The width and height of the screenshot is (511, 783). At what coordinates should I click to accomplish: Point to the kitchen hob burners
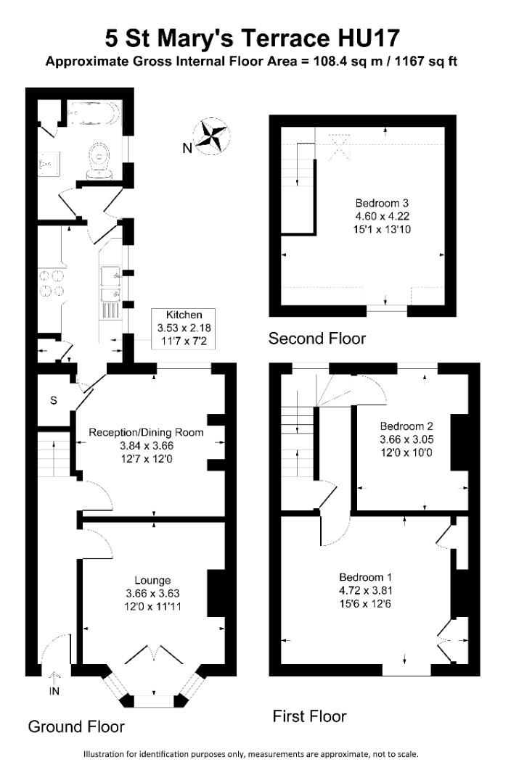pyautogui.click(x=49, y=283)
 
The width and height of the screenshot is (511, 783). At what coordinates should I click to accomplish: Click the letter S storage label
pyautogui.click(x=54, y=400)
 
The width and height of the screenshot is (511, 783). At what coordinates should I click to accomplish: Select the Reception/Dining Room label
pyautogui.click(x=146, y=432)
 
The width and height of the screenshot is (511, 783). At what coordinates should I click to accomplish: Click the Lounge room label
pyautogui.click(x=152, y=580)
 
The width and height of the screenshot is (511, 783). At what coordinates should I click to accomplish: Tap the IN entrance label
pyautogui.click(x=54, y=691)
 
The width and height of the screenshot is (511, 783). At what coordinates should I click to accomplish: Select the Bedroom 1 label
pyautogui.click(x=361, y=577)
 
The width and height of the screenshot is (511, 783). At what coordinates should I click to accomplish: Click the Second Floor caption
pyautogui.click(x=317, y=338)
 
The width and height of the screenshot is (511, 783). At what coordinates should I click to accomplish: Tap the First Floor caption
pyautogui.click(x=309, y=716)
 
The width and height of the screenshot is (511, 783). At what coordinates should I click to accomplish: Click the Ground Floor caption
pyautogui.click(x=76, y=726)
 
